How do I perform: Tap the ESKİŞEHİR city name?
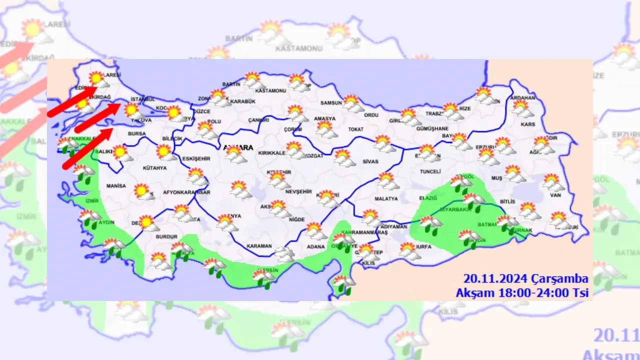pos(196,158)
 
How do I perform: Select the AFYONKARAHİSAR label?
pos(188,192)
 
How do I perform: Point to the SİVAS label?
pos(370,161)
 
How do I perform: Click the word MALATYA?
pos(386,198)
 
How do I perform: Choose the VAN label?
pos(555,195)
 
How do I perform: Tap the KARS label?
pos(527,124)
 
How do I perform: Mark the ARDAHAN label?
pos(523,98)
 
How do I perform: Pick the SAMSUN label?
pos(331,103)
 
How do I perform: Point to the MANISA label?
pos(116,186)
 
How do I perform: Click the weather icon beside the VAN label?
pos(553,182)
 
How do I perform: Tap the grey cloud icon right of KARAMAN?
pos(285,254)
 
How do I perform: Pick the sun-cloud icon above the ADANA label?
pos(315,230)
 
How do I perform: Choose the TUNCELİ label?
pos(430,171)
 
